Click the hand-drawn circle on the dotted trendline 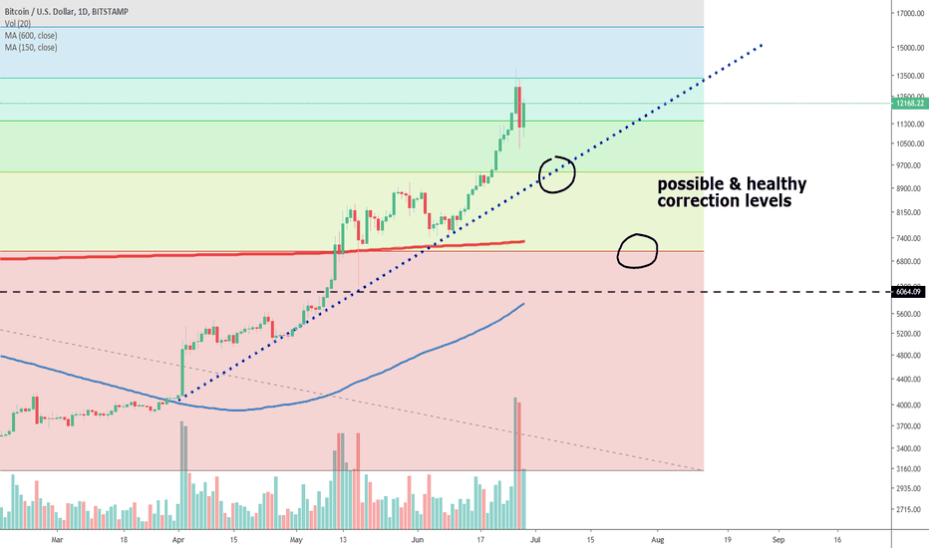coord(557,173)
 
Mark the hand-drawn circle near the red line coord(638,250)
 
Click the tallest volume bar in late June coord(515,463)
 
